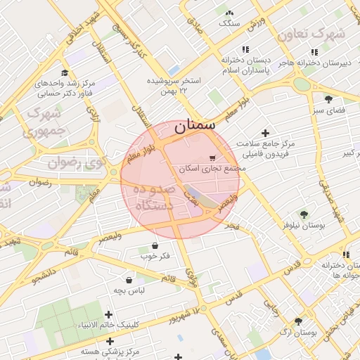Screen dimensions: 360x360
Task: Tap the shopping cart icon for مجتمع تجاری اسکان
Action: (x=213, y=157)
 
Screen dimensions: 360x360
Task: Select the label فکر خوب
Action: (x=155, y=256)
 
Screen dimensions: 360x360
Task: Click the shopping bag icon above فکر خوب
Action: (x=155, y=245)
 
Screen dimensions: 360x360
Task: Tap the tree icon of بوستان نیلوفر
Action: (x=304, y=214)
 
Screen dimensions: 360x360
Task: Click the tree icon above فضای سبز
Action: (x=328, y=98)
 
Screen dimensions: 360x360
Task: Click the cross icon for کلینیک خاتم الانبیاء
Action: (x=108, y=314)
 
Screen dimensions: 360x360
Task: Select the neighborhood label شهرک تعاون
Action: (x=311, y=34)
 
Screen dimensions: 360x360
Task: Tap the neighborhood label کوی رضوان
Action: (x=76, y=163)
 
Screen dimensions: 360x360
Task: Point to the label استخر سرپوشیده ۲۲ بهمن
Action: (x=174, y=86)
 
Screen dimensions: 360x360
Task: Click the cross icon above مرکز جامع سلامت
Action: (x=265, y=133)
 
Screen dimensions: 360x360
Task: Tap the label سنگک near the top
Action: (x=229, y=23)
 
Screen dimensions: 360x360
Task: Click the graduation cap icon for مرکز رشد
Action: (x=65, y=72)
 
